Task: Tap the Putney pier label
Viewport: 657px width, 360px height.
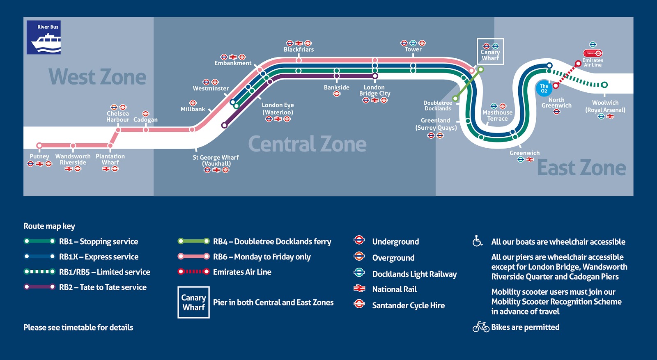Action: [39, 156]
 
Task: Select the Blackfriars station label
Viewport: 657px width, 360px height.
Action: [299, 50]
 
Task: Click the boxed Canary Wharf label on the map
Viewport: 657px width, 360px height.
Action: [490, 52]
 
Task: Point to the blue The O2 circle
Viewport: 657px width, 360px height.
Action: [544, 89]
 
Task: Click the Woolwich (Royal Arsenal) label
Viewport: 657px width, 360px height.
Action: [605, 106]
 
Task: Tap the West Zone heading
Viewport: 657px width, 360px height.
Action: [97, 77]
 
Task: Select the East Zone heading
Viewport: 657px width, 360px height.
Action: [581, 168]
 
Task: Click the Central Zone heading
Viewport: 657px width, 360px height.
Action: [307, 144]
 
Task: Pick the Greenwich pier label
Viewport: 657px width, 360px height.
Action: [524, 153]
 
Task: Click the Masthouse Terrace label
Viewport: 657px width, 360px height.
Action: [497, 116]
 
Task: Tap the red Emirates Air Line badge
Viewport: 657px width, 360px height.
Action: [593, 53]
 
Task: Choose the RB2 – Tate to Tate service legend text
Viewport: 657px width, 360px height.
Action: [103, 287]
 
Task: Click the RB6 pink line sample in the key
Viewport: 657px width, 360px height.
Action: [193, 257]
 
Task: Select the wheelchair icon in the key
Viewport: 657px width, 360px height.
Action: [477, 241]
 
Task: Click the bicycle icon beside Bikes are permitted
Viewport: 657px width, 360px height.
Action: [480, 327]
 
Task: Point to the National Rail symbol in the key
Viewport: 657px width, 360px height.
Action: [359, 289]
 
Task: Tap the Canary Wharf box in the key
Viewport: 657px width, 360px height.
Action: [193, 303]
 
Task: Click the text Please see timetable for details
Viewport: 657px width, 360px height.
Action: [78, 328]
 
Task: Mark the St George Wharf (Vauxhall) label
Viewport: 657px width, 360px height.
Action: [216, 161]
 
